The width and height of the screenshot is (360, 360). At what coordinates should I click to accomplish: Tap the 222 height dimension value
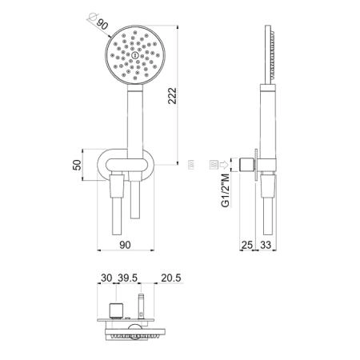coord(172,96)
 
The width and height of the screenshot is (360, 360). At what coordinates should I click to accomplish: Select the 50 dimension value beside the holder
coord(77,165)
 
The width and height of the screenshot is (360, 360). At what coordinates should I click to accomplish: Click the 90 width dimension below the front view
coord(125,245)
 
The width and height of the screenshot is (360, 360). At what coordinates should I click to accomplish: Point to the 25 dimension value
coord(247,245)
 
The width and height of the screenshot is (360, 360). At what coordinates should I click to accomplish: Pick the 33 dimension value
coord(266,245)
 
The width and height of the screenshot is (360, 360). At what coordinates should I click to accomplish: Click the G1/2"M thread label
coord(226,190)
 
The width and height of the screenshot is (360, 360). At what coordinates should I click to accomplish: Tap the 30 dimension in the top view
coord(106,278)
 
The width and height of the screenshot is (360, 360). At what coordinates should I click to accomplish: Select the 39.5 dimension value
coord(128,278)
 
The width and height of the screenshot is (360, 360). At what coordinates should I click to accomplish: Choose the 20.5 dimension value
coord(171,278)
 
